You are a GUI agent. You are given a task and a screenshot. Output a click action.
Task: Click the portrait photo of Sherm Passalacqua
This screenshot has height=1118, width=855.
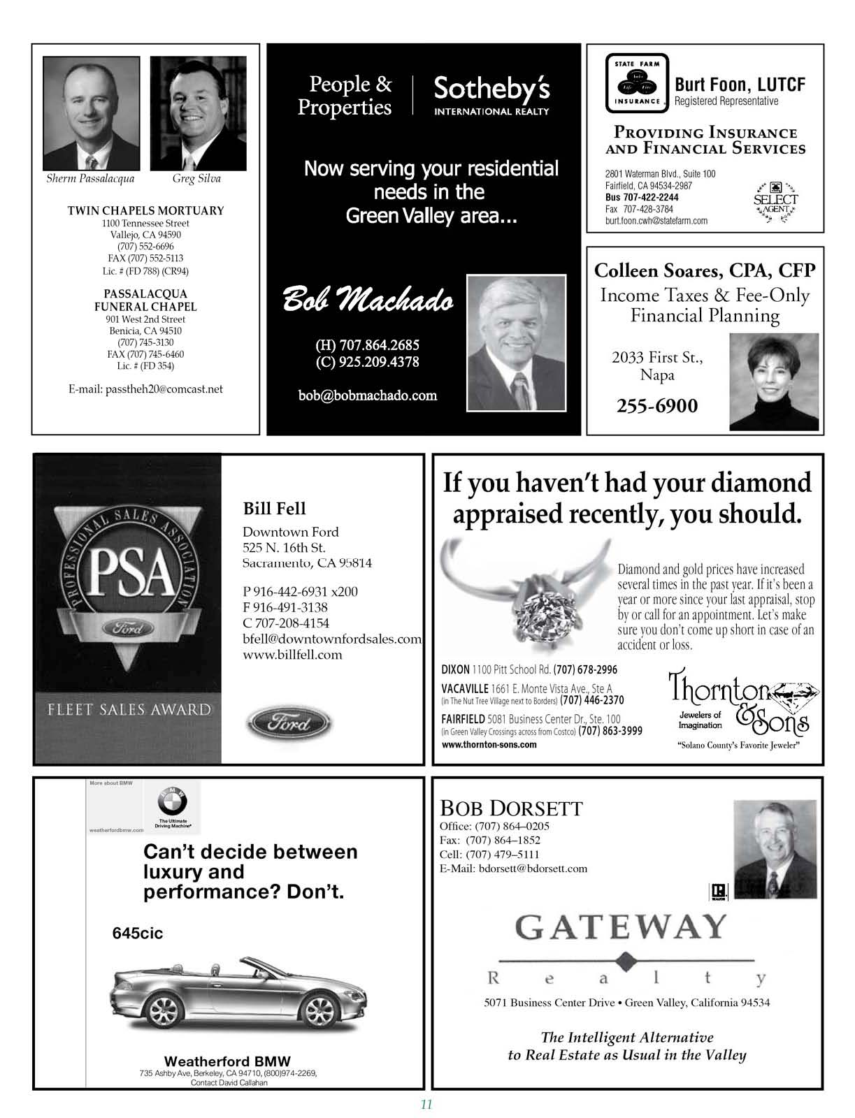90,113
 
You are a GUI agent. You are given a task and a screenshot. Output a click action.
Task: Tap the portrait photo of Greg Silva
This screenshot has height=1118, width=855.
199,113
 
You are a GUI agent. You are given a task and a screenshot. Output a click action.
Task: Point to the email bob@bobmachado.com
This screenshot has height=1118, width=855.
367,395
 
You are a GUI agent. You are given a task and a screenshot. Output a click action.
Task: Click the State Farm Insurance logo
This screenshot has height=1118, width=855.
637,83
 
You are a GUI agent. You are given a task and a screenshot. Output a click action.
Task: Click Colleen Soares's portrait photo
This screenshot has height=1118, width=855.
773,382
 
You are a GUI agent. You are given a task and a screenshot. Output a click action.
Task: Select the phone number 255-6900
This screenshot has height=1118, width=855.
656,406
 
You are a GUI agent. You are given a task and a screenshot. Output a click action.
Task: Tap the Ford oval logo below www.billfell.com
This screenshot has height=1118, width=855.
289,724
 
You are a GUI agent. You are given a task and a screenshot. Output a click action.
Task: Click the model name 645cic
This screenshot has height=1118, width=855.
138,934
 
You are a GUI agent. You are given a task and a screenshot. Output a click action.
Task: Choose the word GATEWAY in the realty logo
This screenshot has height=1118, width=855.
621,928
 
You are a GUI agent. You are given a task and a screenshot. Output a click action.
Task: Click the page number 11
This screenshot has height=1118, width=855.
426,1105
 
